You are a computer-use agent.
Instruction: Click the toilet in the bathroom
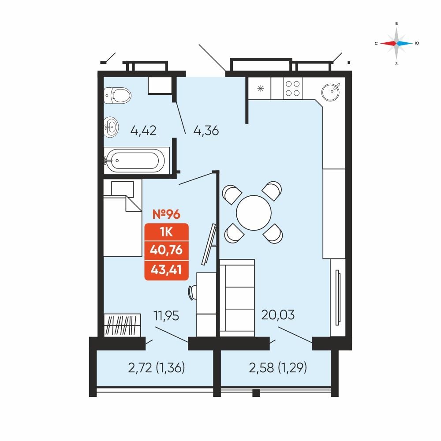point(117,95)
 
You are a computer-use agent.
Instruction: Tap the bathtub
point(134,161)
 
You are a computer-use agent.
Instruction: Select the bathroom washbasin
point(111,127)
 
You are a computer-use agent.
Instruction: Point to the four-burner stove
point(293,88)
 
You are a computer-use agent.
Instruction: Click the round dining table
point(254,213)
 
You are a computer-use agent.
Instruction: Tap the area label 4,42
point(143,131)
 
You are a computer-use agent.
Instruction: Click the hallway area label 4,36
point(206,131)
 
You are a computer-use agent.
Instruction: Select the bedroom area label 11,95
point(166,316)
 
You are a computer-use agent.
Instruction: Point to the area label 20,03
point(278,315)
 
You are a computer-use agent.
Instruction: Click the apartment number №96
point(166,214)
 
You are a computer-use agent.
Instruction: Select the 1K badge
point(166,232)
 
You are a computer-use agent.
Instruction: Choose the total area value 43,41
point(166,270)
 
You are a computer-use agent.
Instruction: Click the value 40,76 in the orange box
point(166,250)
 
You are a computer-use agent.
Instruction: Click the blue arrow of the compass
point(405,43)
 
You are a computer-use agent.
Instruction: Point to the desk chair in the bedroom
point(193,292)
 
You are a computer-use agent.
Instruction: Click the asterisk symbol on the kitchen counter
point(261,89)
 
